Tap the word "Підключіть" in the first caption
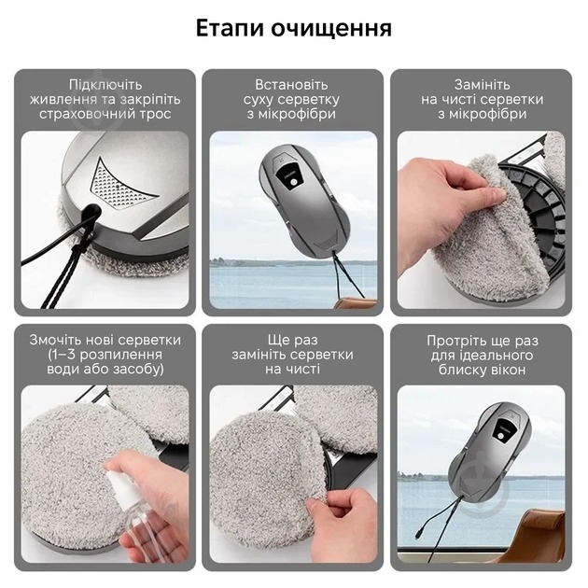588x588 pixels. [105, 84]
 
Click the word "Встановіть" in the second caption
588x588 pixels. [293, 84]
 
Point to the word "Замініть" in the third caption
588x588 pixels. [481, 84]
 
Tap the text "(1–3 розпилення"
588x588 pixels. [105, 355]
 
